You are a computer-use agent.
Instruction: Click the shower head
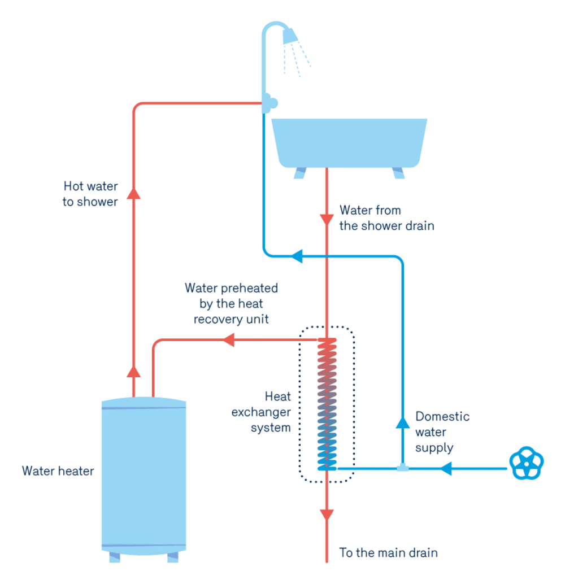tap(290, 36)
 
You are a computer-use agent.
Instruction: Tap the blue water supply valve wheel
tap(526, 463)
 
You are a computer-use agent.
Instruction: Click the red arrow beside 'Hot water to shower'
tap(133, 194)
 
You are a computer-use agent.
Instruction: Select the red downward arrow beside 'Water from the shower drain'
tap(327, 220)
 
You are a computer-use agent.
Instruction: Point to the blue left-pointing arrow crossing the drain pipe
tap(297, 256)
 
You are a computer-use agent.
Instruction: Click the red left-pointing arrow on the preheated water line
tap(229, 339)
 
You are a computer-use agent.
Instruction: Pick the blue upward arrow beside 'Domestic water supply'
tap(402, 422)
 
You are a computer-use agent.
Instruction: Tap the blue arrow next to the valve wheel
tap(446, 469)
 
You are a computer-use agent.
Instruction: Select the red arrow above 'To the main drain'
tap(327, 515)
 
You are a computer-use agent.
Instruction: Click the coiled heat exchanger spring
tap(327, 404)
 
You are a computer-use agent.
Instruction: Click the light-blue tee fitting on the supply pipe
tap(402, 468)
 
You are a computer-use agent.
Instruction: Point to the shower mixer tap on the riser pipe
tap(270, 103)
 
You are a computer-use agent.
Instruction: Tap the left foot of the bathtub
tap(300, 173)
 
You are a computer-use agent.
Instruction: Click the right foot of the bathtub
tap(398, 173)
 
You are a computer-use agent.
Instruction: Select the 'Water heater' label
tap(58, 471)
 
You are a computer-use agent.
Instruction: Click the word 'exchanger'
tap(261, 412)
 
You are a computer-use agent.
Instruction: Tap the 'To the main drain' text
tap(388, 553)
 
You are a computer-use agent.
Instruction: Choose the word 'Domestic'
tap(442, 416)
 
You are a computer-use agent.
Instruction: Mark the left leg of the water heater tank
tap(115, 557)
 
